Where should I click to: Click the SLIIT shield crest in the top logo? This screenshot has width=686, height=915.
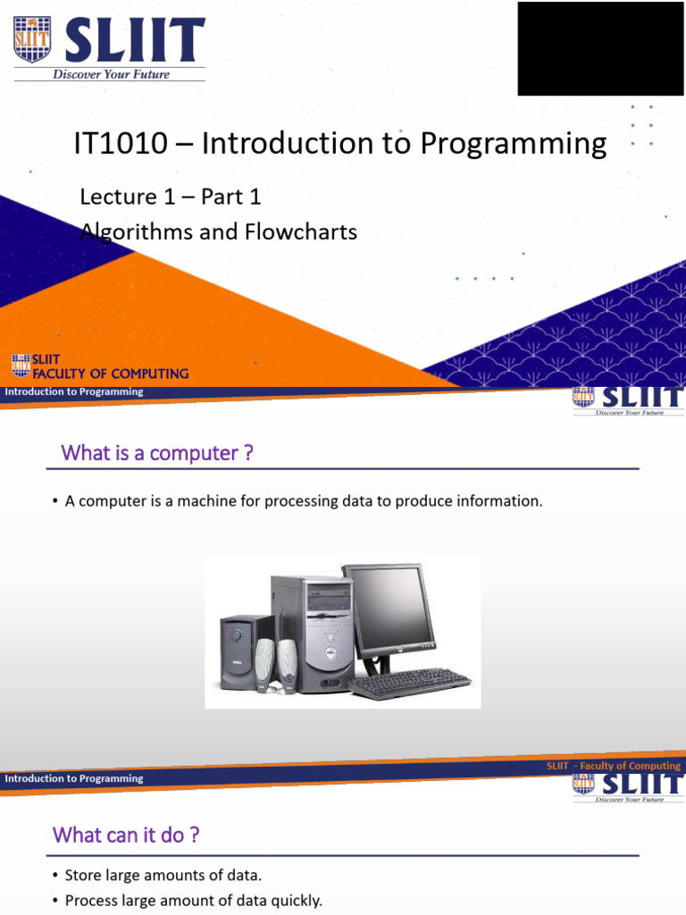32,39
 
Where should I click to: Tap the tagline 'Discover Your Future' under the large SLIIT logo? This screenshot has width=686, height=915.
111,74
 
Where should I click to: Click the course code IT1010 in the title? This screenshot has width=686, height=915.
121,143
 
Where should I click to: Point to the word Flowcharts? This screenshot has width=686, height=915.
300,231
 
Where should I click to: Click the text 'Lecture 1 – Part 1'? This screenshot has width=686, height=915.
171,197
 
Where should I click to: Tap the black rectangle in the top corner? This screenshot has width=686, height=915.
600,48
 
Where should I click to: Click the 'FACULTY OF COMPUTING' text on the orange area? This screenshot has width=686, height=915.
110,374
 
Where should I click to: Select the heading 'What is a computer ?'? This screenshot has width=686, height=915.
157,453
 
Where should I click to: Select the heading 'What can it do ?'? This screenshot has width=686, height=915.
125,835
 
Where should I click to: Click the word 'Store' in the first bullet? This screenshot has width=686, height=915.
83,876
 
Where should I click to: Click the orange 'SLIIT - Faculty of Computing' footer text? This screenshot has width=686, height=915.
613,766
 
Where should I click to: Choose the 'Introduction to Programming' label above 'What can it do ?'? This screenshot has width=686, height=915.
74,778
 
